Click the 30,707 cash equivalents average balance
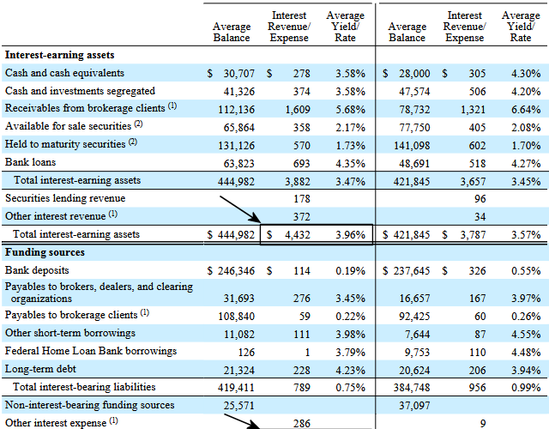(x=238, y=74)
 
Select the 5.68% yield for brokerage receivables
(x=350, y=110)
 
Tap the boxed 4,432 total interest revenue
(x=298, y=234)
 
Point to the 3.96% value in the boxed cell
(x=350, y=234)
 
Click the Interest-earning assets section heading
(x=59, y=55)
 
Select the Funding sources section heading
(x=45, y=252)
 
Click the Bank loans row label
(x=31, y=162)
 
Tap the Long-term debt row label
(x=40, y=369)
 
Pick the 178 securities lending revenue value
(x=301, y=199)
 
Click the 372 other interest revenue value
(x=301, y=217)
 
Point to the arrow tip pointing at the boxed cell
(x=261, y=222)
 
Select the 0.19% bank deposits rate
(x=350, y=271)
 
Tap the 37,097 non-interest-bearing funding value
(x=414, y=406)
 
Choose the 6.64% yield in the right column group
(x=526, y=110)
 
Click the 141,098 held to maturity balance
(x=412, y=145)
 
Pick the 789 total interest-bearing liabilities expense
(x=301, y=387)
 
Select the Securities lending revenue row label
(x=65, y=198)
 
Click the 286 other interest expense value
(x=301, y=423)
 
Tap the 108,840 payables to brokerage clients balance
(x=237, y=317)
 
